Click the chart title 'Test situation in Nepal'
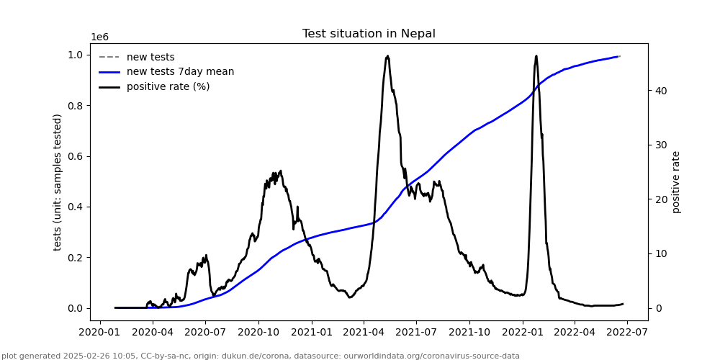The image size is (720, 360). pos(369,34)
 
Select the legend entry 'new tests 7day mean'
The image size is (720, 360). pos(180,72)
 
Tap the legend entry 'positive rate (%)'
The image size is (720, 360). pos(168,86)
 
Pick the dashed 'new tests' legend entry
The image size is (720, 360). pos(150,58)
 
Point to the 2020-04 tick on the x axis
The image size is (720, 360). pos(152,333)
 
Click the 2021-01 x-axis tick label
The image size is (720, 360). pos(311,333)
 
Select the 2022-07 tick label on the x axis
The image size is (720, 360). pos(626,333)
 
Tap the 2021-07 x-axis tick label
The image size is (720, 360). pos(416,333)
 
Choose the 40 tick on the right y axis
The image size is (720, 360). pos(660,91)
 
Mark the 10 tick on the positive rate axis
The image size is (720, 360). pos(660,253)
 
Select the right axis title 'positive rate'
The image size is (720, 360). pos(676,182)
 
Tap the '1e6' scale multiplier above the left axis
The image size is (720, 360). pos(99,37)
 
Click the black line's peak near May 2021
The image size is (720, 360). pos(387,56)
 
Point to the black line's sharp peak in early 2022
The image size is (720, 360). pos(536,56)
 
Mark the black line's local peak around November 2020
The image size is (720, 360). pos(280,171)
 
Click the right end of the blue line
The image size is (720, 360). pos(619,56)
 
